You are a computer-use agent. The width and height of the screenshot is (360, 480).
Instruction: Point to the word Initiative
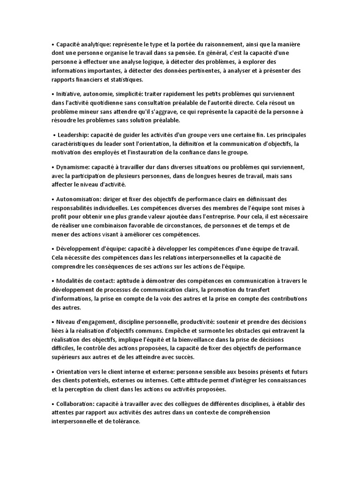point(69,94)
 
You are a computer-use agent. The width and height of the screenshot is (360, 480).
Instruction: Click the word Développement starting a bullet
point(81,248)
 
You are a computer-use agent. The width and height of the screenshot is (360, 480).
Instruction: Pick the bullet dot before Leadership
point(54,135)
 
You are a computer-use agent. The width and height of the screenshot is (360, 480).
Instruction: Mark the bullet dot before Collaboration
point(52,404)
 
